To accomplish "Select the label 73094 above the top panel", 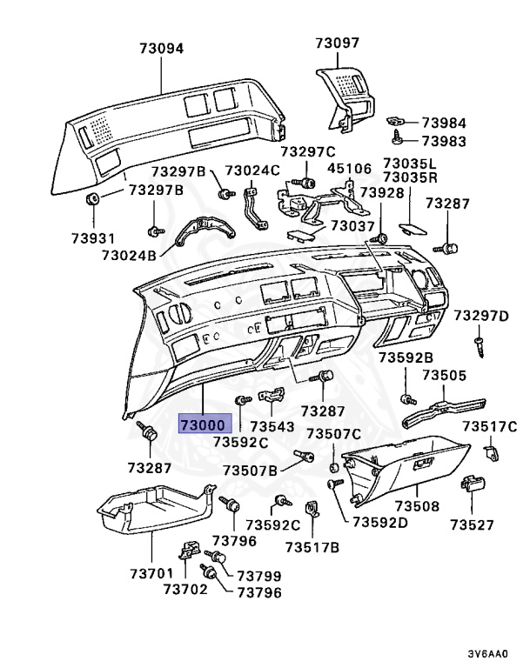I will (160, 49).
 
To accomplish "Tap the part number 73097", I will (337, 43).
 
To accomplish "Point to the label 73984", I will (444, 123).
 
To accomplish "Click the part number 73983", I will (444, 141).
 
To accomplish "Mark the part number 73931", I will (92, 237).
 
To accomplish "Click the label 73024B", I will (129, 256).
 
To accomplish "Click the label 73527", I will (472, 524).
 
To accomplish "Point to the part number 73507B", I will (250, 471).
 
